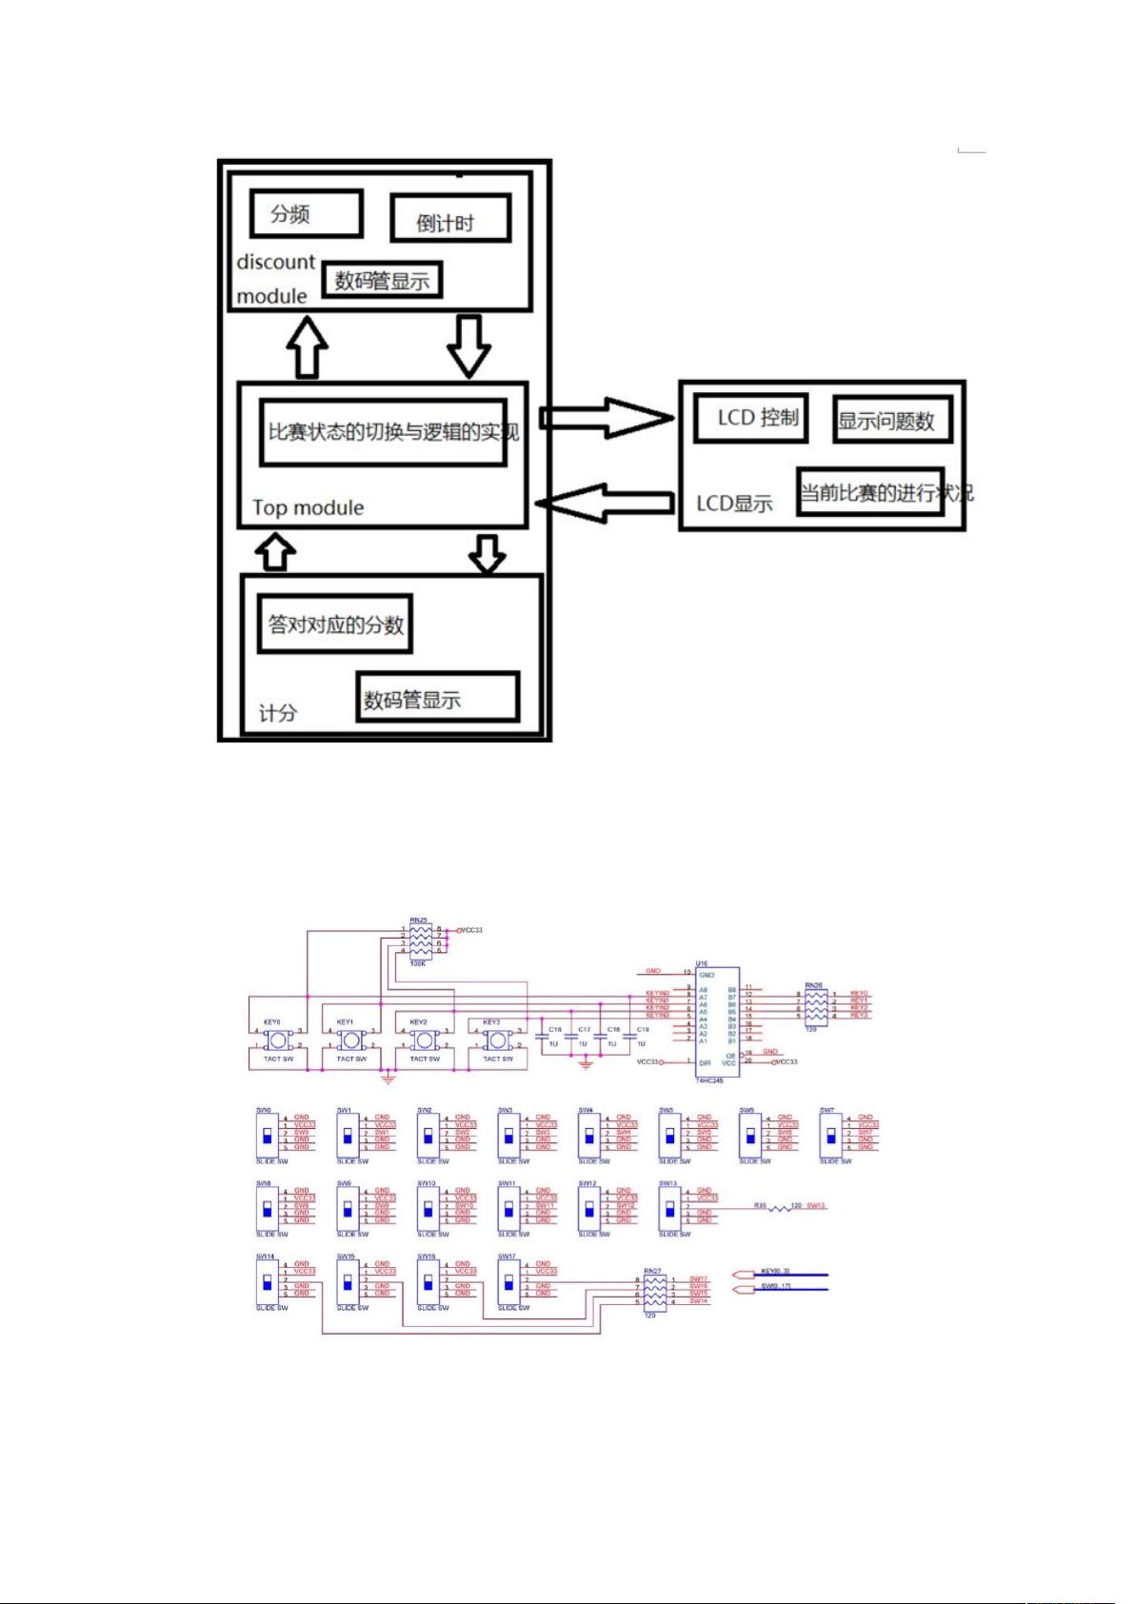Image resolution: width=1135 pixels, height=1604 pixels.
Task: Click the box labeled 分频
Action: (x=306, y=213)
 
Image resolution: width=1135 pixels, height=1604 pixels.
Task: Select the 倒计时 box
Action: (x=449, y=219)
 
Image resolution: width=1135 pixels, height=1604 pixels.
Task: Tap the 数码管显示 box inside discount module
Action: (x=381, y=280)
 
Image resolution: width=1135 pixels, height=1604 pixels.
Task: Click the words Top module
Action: (x=308, y=507)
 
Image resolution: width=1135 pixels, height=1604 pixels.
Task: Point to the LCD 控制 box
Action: (x=750, y=418)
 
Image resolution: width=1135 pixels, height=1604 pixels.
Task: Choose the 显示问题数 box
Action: (x=891, y=420)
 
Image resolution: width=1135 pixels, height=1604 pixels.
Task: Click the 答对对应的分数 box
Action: (x=334, y=624)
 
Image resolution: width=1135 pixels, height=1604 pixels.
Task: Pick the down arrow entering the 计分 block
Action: (x=488, y=552)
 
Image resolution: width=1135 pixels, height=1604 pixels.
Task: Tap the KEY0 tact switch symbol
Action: (x=278, y=1040)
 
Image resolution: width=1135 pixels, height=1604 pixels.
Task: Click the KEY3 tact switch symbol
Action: (x=497, y=1040)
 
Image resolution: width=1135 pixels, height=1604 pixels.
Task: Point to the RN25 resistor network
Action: (x=420, y=940)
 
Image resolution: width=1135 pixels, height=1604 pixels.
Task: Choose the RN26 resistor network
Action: (x=816, y=1005)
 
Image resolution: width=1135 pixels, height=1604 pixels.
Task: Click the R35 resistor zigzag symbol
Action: (x=781, y=1207)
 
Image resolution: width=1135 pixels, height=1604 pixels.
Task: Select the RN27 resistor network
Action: (x=655, y=1291)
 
